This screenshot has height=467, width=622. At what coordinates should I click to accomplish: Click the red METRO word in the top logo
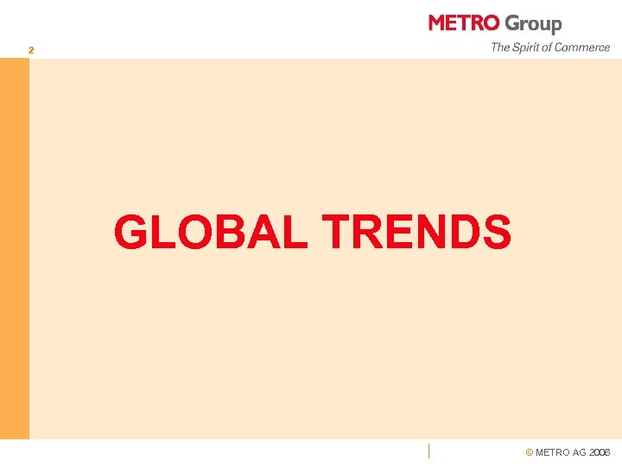(x=463, y=23)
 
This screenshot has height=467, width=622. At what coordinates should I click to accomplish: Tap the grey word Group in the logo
(x=533, y=24)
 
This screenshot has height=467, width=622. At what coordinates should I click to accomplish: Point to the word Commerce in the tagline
(x=583, y=48)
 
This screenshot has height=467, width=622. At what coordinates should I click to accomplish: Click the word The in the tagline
(x=501, y=48)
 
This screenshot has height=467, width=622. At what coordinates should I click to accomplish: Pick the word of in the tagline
(x=549, y=48)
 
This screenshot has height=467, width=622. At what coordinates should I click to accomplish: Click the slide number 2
(x=31, y=51)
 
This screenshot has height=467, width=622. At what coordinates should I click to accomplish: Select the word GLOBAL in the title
(x=211, y=232)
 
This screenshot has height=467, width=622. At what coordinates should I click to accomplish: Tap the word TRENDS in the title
(x=416, y=232)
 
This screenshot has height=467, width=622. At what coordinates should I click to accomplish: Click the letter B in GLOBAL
(x=228, y=232)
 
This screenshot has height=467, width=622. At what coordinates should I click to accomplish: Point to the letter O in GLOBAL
(x=192, y=232)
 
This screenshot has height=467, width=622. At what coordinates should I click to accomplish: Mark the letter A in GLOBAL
(x=263, y=232)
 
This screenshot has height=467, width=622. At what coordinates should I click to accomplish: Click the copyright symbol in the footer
(x=530, y=452)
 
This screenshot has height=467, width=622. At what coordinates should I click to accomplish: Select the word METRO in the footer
(x=553, y=452)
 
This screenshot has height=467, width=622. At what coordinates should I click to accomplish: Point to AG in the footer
(x=579, y=452)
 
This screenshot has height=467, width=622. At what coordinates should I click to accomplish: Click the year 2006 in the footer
(x=600, y=452)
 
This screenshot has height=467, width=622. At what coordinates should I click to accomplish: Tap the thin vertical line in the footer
(x=428, y=450)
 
